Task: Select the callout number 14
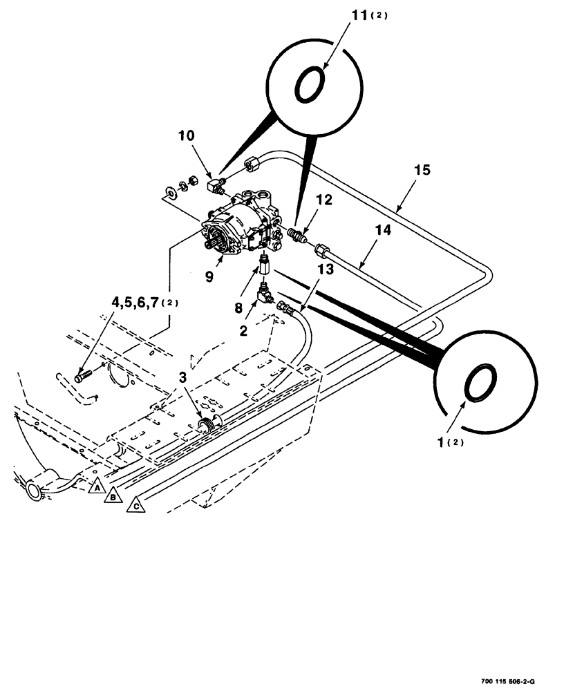pos(384,230)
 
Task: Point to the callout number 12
pos(324,200)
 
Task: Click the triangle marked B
pos(113,495)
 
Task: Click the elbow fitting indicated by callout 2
pos(265,295)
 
